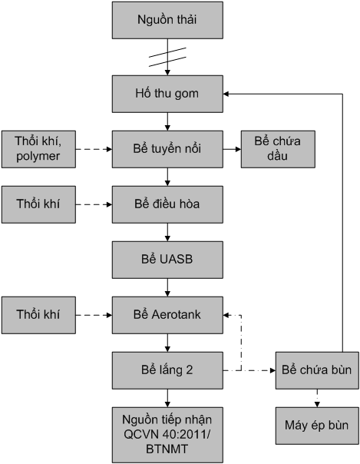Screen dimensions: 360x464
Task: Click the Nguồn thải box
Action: (x=167, y=20)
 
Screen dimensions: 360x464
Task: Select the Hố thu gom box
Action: (x=167, y=94)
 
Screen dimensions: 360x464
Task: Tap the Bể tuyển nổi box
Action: (x=167, y=149)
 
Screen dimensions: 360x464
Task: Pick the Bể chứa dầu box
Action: (x=278, y=149)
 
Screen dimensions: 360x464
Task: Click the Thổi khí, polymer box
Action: (x=38, y=149)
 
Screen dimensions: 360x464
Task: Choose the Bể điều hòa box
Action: (x=167, y=204)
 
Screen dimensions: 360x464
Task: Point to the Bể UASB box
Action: (x=167, y=260)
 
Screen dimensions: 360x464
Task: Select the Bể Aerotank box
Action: (x=167, y=315)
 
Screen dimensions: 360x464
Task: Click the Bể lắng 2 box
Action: (x=167, y=370)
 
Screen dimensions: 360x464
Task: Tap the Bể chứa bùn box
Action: (x=317, y=370)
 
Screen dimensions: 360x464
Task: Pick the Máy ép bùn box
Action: (x=317, y=426)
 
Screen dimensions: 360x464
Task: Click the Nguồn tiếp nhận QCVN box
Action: (x=167, y=435)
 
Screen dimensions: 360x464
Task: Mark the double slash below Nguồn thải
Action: (x=167, y=57)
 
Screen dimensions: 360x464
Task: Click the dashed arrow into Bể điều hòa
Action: (x=94, y=204)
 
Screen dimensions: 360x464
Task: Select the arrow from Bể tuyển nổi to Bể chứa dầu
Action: (x=232, y=149)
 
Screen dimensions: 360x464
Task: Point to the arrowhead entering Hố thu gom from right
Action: (x=226, y=94)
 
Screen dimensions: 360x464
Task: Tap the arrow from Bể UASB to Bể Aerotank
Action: (x=167, y=287)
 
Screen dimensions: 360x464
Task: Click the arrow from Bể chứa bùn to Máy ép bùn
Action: (x=317, y=398)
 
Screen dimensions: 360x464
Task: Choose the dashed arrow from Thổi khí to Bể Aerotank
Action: (x=94, y=315)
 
